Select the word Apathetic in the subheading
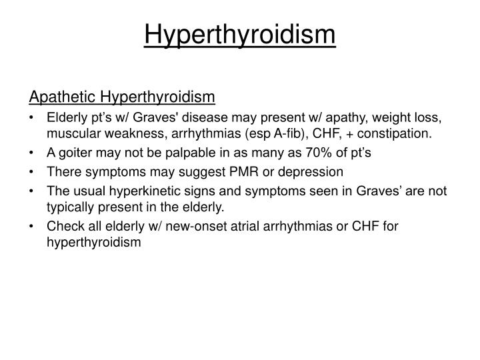[58, 97]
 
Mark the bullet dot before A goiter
[33, 153]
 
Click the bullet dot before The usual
[33, 191]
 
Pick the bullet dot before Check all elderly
[33, 226]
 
